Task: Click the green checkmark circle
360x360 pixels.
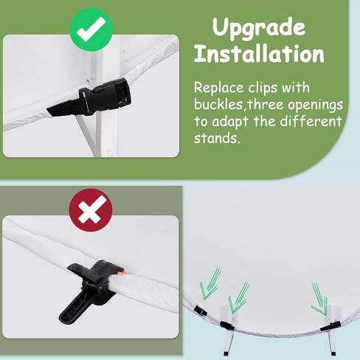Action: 91,30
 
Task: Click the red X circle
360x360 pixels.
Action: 91,210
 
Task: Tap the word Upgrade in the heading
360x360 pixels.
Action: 259,28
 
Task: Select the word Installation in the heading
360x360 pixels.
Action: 259,54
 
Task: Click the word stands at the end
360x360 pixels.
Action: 216,138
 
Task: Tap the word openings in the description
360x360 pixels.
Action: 315,105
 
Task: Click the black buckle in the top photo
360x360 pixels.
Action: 105,96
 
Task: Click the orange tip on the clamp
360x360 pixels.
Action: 124,271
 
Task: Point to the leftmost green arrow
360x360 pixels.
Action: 210,283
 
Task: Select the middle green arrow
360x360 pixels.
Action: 238,297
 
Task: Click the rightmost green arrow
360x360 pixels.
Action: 319,300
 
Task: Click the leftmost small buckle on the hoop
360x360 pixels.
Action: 200,311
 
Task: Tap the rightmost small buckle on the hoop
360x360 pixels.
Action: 330,326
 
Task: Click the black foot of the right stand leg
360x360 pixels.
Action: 333,353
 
